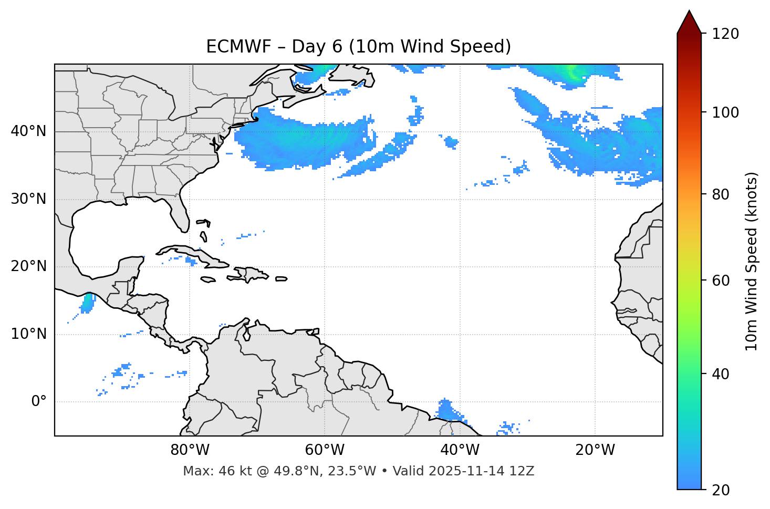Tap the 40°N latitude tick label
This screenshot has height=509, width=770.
[29, 131]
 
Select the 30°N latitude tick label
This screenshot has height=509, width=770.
[29, 199]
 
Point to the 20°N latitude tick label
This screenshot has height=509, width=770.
[29, 266]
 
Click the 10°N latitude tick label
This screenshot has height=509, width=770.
[29, 334]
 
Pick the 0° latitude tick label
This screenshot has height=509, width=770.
[39, 402]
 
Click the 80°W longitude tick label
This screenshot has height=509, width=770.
[190, 450]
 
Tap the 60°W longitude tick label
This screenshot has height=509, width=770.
[325, 450]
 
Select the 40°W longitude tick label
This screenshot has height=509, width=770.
[460, 450]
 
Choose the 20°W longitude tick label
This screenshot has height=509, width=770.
[595, 450]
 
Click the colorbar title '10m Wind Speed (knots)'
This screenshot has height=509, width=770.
[752, 262]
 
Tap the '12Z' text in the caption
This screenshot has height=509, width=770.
[523, 471]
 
